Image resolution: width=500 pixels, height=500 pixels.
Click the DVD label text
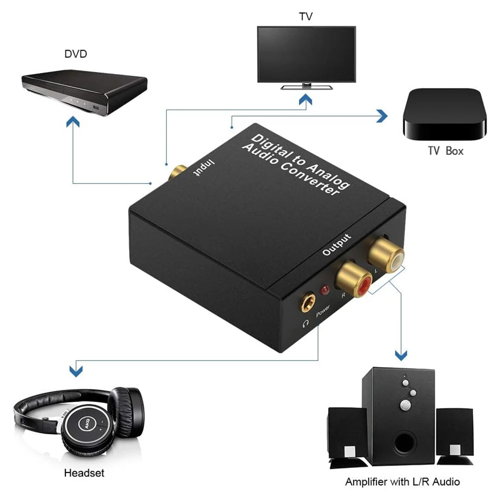[x=75, y=53]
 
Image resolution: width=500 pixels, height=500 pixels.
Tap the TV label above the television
[x=306, y=16]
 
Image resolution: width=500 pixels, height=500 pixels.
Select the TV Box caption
[x=445, y=150]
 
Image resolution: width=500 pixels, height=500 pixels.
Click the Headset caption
[x=84, y=472]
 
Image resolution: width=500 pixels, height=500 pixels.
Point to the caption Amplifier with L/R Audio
[x=402, y=482]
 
